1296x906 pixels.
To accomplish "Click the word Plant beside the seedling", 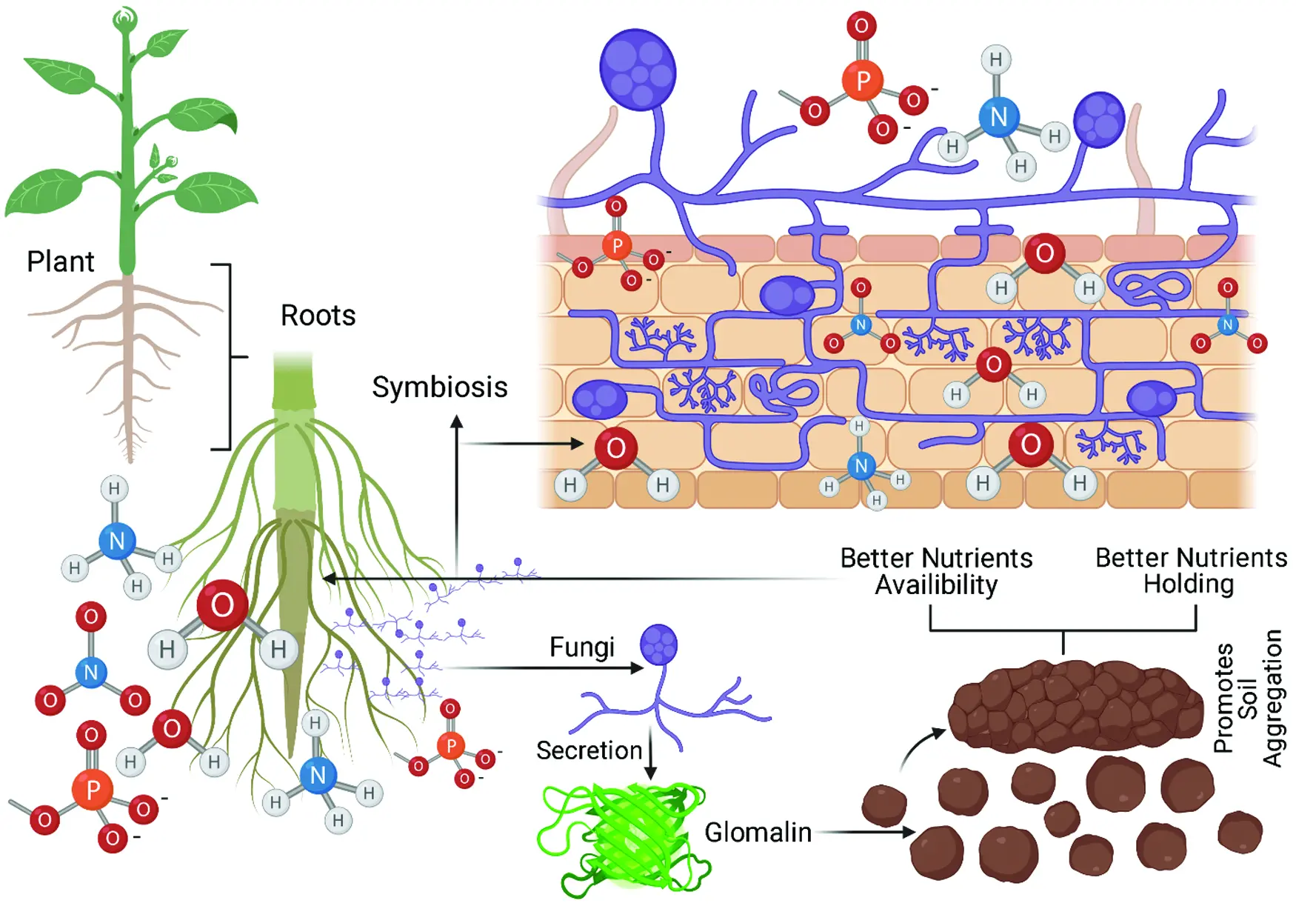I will click(x=61, y=262).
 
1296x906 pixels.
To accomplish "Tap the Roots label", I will click(x=318, y=316).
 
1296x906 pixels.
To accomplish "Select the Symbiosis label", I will click(x=439, y=387).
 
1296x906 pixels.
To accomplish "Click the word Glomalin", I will click(x=758, y=832).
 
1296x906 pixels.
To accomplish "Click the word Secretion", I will click(x=589, y=750).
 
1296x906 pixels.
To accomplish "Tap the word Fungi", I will click(x=582, y=647).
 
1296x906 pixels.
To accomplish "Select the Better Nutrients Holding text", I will click(x=1190, y=570).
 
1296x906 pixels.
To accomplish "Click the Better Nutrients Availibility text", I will click(x=936, y=571).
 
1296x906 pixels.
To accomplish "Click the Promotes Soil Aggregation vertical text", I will click(x=1248, y=698).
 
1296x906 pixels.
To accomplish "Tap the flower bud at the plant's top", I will click(x=125, y=19).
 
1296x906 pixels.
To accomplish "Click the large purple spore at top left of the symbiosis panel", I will click(x=637, y=70).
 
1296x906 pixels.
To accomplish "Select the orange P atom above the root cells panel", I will click(x=863, y=80).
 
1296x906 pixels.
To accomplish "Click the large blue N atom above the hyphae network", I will click(x=998, y=117).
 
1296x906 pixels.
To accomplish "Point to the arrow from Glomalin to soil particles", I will click(x=866, y=832).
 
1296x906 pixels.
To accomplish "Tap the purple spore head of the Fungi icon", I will click(x=658, y=644).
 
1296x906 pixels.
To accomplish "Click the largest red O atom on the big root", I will click(x=222, y=605).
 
